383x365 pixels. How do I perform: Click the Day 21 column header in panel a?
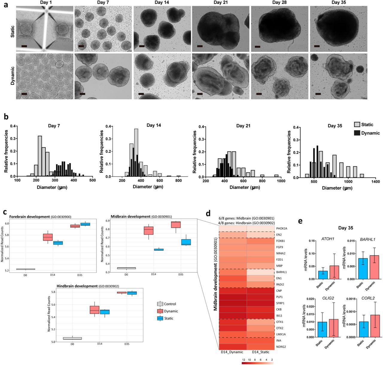(x=221, y=3)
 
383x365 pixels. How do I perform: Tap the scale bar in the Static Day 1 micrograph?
(x=24, y=46)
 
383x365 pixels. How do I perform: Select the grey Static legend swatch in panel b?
(x=357, y=125)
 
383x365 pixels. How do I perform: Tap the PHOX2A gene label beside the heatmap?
(x=282, y=229)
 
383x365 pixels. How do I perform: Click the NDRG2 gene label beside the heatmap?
(x=281, y=347)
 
